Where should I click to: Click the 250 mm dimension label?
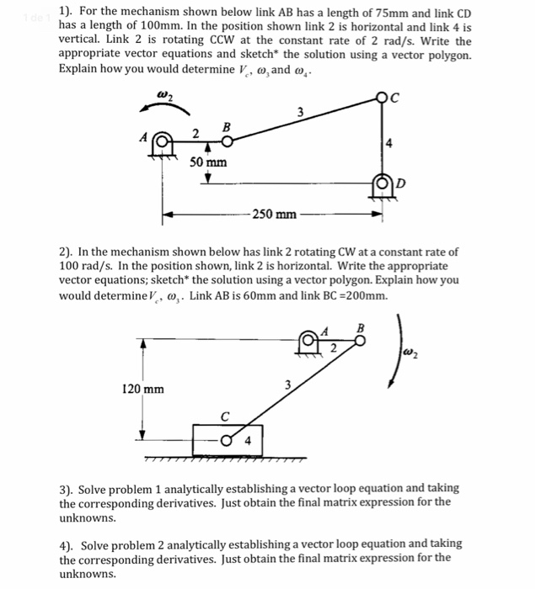tap(274, 215)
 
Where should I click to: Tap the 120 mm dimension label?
tap(143, 390)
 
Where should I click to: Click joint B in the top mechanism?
tap(225, 141)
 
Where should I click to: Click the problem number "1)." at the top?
tap(70, 13)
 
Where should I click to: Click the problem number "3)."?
tap(70, 488)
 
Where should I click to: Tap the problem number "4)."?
tap(70, 544)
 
